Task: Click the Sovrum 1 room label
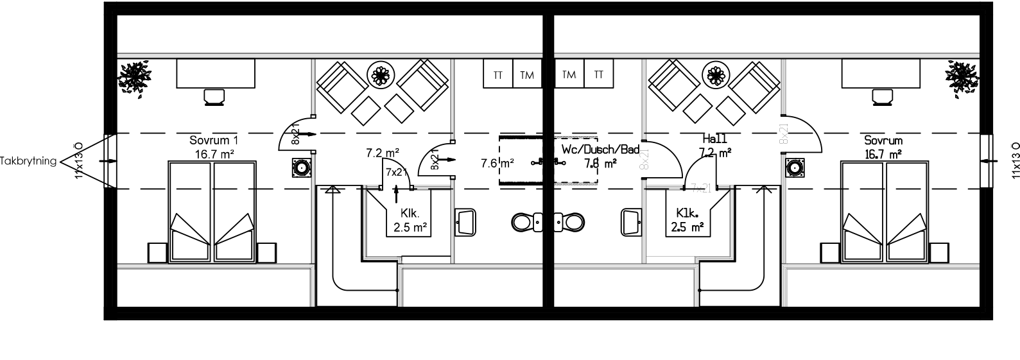point(214,140)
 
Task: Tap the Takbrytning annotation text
point(29,161)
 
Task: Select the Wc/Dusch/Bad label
point(601,150)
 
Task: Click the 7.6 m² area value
point(497,163)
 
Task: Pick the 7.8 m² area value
point(600,163)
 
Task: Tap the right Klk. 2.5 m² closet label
point(687,219)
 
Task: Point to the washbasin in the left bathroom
point(465,222)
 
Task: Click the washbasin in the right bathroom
point(630,222)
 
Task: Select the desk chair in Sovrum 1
point(214,97)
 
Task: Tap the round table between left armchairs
point(380,76)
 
